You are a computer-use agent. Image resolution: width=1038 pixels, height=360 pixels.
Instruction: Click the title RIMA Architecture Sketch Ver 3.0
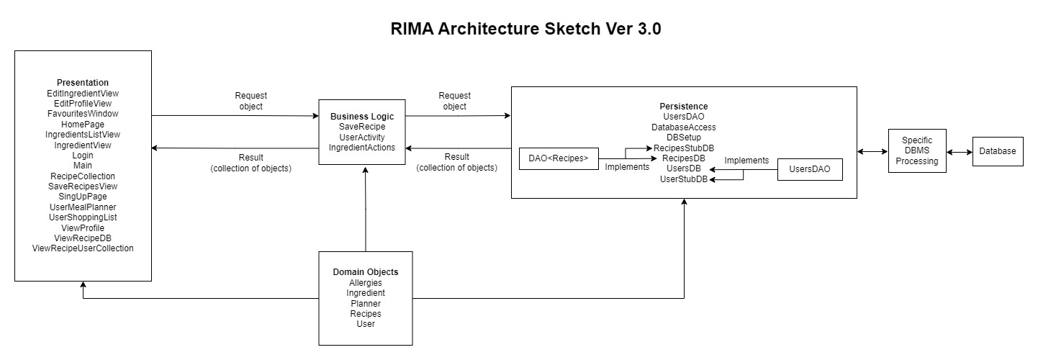pyautogui.click(x=525, y=30)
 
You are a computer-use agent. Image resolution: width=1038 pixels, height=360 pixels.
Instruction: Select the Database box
pyautogui.click(x=997, y=151)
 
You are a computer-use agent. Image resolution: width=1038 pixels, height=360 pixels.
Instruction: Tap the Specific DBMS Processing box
pyautogui.click(x=916, y=151)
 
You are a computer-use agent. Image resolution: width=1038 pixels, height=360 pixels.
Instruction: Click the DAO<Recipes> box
pyautogui.click(x=559, y=158)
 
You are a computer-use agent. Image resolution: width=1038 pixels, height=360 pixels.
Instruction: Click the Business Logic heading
pyautogui.click(x=367, y=116)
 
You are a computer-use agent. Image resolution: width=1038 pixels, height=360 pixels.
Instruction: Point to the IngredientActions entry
pyautogui.click(x=362, y=147)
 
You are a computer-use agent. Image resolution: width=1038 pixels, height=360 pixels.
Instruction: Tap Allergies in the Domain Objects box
pyautogui.click(x=366, y=283)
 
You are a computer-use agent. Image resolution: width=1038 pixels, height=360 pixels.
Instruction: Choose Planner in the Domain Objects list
pyautogui.click(x=366, y=303)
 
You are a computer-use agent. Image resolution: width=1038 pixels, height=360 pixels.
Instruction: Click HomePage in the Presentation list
pyautogui.click(x=83, y=124)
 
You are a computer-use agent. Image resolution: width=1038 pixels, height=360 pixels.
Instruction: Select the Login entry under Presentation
pyautogui.click(x=83, y=155)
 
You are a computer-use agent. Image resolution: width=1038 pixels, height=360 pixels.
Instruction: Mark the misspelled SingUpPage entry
pyautogui.click(x=83, y=197)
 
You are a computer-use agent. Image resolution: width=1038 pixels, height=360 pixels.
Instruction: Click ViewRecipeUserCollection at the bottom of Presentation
pyautogui.click(x=83, y=248)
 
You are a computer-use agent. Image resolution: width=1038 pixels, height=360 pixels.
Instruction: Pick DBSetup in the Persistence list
pyautogui.click(x=684, y=137)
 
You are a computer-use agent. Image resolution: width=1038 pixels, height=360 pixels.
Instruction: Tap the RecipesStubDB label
pyautogui.click(x=684, y=148)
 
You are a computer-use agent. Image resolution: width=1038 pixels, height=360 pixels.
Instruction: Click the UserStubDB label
pyautogui.click(x=684, y=179)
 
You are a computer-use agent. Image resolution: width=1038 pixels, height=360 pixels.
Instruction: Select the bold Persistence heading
pyautogui.click(x=684, y=107)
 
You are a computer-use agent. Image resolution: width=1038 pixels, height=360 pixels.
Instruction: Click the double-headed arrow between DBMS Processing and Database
pyautogui.click(x=960, y=152)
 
